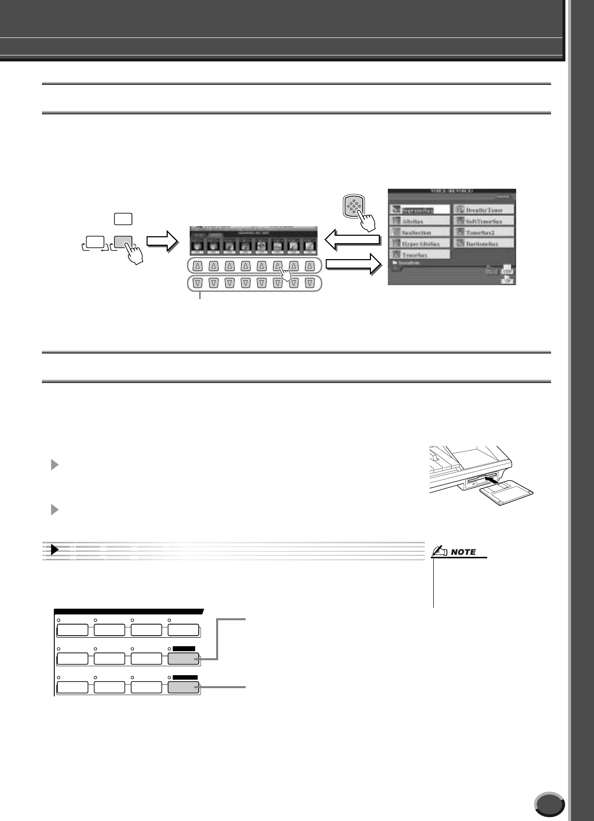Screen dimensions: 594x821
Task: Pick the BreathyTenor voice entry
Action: pyautogui.click(x=483, y=210)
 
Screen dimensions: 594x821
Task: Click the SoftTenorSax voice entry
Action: pyautogui.click(x=483, y=221)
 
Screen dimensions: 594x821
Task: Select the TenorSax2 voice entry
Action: pyautogui.click(x=483, y=232)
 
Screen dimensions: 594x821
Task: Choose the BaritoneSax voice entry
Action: pyautogui.click(x=483, y=244)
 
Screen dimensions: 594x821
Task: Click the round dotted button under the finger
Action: pyautogui.click(x=353, y=205)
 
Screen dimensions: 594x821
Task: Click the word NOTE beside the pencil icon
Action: pyautogui.click(x=463, y=552)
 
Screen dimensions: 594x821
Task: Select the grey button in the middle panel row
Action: pyautogui.click(x=183, y=659)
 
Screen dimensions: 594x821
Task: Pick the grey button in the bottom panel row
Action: pyautogui.click(x=183, y=688)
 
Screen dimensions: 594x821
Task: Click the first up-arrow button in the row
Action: pyautogui.click(x=198, y=266)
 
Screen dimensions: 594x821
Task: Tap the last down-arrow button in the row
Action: pyautogui.click(x=309, y=283)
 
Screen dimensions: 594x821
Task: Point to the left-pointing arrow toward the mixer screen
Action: pyautogui.click(x=352, y=240)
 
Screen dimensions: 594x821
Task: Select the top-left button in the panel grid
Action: pyautogui.click(x=72, y=630)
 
